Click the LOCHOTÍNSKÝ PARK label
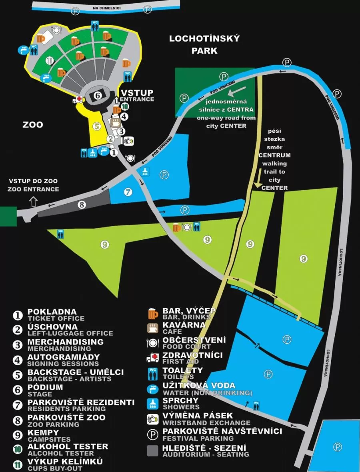[204, 44]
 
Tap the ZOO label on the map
[33, 125]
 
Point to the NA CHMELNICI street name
[106, 8]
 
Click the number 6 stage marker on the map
[98, 95]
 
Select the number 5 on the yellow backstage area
[96, 126]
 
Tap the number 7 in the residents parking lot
[128, 192]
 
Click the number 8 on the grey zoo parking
[82, 205]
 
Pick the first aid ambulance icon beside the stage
[78, 100]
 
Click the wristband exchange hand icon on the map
[128, 141]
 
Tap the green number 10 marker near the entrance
[125, 107]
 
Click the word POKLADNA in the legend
[52, 312]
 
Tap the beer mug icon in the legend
[153, 314]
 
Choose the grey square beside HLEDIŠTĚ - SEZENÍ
[153, 450]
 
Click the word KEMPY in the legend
[43, 432]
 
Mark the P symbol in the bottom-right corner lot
[338, 446]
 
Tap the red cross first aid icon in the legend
[153, 358]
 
